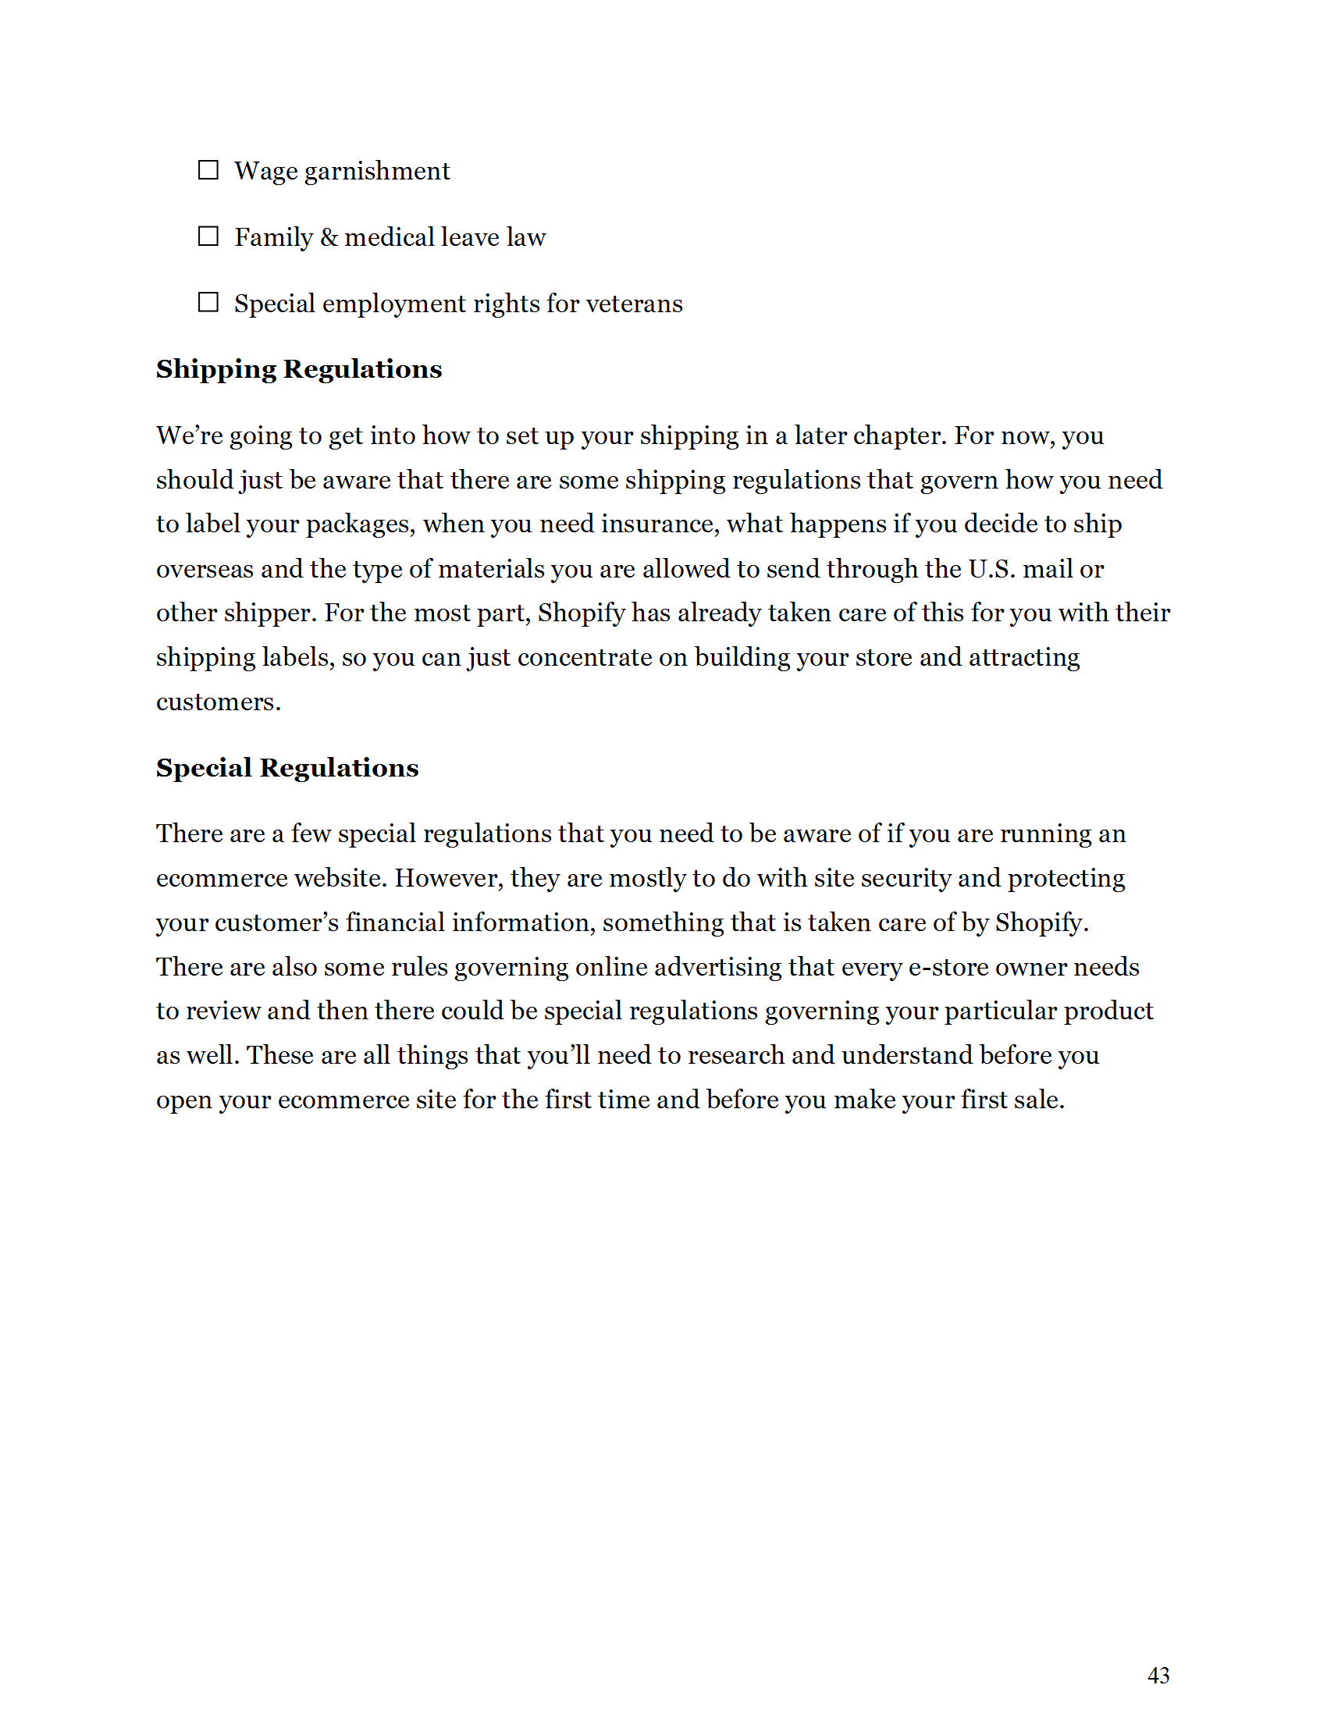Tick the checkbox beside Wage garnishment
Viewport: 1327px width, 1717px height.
[x=208, y=170]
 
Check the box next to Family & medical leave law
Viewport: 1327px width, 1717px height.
[x=208, y=236]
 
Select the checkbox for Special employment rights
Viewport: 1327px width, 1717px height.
[x=208, y=302]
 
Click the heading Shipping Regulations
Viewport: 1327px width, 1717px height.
[x=299, y=368]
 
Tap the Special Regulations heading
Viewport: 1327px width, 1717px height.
[x=287, y=767]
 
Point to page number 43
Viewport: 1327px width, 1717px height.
[x=1158, y=1676]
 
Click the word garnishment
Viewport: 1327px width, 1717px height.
[x=376, y=172]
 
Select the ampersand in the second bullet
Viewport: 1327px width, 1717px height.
[x=329, y=236]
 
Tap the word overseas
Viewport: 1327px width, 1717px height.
[x=205, y=568]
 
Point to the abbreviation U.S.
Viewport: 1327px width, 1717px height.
[x=992, y=568]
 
